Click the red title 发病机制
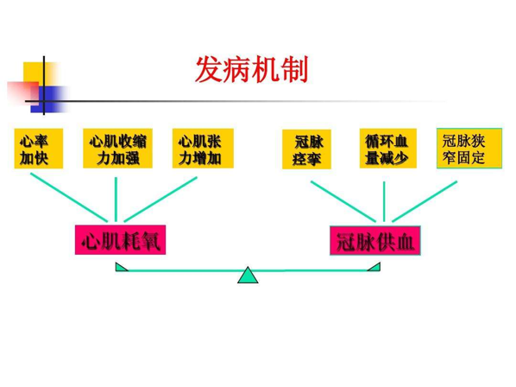(252, 69)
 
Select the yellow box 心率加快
(39, 149)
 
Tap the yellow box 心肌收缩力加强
(117, 149)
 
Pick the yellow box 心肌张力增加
(203, 149)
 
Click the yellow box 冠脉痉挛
(306, 149)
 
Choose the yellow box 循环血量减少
(388, 149)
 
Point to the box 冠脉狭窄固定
(469, 149)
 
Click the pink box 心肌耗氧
(120, 240)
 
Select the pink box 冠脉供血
(375, 240)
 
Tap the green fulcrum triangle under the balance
(248, 276)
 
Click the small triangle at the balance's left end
(121, 267)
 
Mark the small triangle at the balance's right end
(374, 267)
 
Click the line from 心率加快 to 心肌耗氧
(69, 197)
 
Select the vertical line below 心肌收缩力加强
(116, 200)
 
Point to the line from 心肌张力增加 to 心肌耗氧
(160, 200)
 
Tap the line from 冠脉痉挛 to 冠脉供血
(343, 201)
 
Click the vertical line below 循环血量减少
(384, 201)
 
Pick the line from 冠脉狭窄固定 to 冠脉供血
(425, 201)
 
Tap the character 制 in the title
(295, 69)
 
